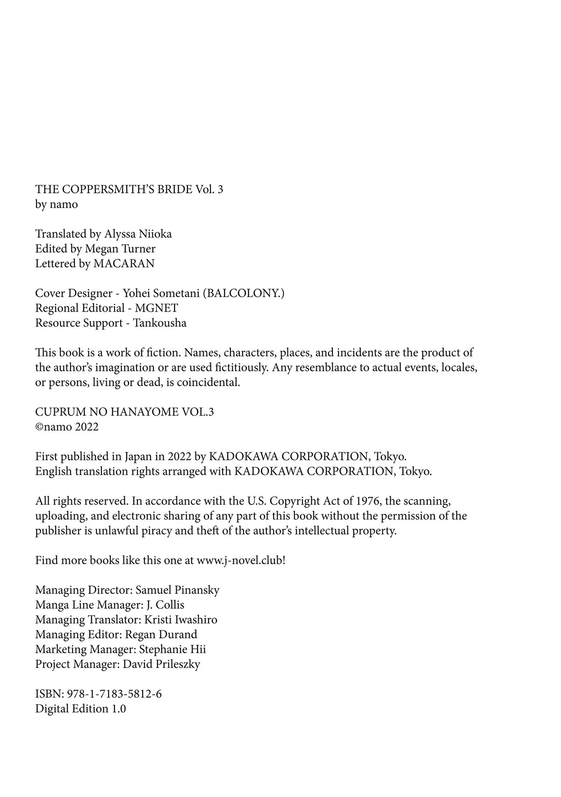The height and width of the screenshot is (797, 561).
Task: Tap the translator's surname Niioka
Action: tap(155, 234)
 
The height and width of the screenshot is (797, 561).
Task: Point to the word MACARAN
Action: tap(124, 263)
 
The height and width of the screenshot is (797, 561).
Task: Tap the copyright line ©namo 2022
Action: tap(67, 427)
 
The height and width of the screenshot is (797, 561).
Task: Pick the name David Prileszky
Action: tap(161, 664)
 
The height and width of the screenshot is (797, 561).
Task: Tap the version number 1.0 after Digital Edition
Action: tap(119, 709)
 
